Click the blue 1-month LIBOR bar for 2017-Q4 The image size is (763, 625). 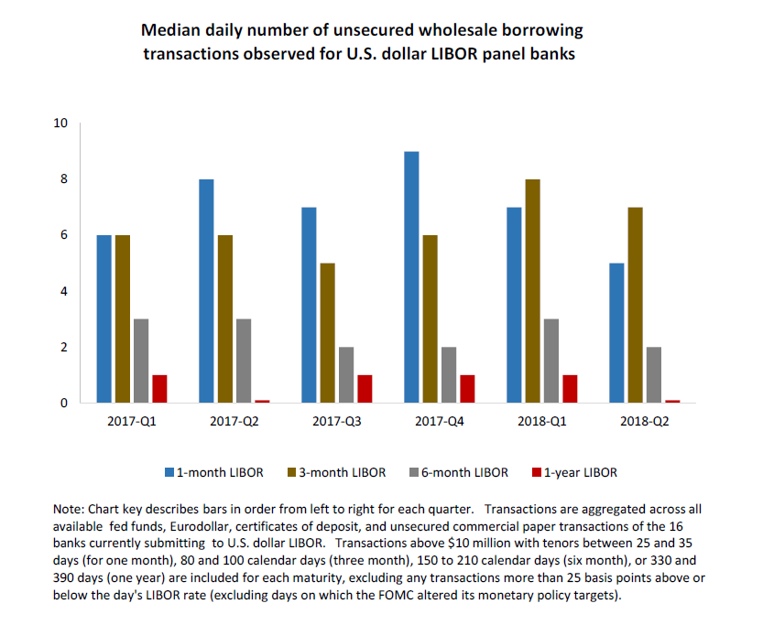point(411,277)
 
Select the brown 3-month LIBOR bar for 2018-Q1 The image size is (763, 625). point(532,291)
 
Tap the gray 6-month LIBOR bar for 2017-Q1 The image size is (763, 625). point(141,361)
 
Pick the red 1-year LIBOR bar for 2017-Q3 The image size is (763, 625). point(365,389)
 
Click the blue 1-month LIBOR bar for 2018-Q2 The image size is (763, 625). point(616,333)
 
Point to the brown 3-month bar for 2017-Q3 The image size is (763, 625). point(327,333)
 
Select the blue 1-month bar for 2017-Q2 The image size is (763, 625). point(207,291)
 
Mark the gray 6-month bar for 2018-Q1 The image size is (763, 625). point(550,361)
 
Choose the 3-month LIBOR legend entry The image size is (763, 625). point(342,472)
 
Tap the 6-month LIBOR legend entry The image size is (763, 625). point(464,472)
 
